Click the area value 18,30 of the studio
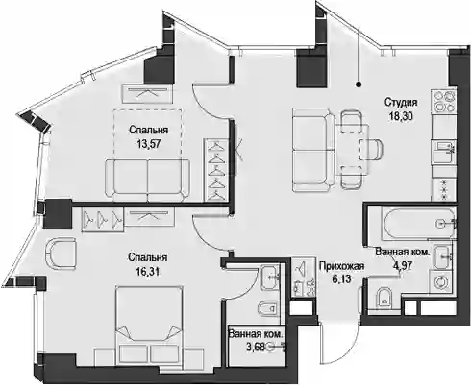tap(401, 116)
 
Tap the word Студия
tap(401, 103)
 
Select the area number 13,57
tap(149, 144)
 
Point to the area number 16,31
tap(147, 272)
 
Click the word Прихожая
tap(341, 266)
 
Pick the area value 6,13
tap(341, 278)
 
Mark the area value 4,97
tap(402, 264)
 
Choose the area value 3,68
tap(256, 347)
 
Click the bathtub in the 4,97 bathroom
tap(418, 224)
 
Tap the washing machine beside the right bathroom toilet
tap(442, 282)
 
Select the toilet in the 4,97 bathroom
tap(384, 297)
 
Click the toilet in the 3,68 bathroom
tap(268, 308)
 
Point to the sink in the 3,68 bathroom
tap(270, 277)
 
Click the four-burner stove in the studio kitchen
tap(444, 101)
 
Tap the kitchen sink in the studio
tap(444, 153)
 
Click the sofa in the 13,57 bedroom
tap(147, 180)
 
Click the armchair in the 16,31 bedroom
tap(61, 253)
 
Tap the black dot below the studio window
tap(359, 84)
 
